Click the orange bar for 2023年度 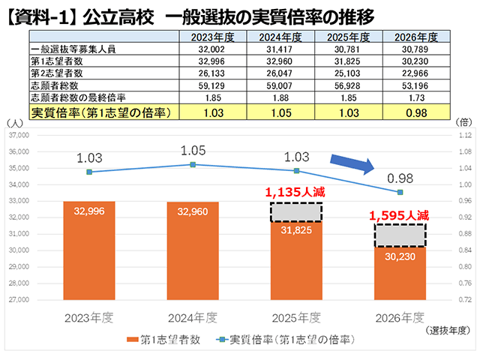[x=94, y=250]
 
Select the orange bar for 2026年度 [x=400, y=274]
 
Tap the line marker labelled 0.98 [x=400, y=193]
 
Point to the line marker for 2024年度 [x=193, y=164]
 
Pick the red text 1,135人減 [x=296, y=192]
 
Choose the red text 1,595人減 [x=399, y=215]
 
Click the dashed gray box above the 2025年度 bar [x=296, y=212]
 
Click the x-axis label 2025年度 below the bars [x=296, y=316]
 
